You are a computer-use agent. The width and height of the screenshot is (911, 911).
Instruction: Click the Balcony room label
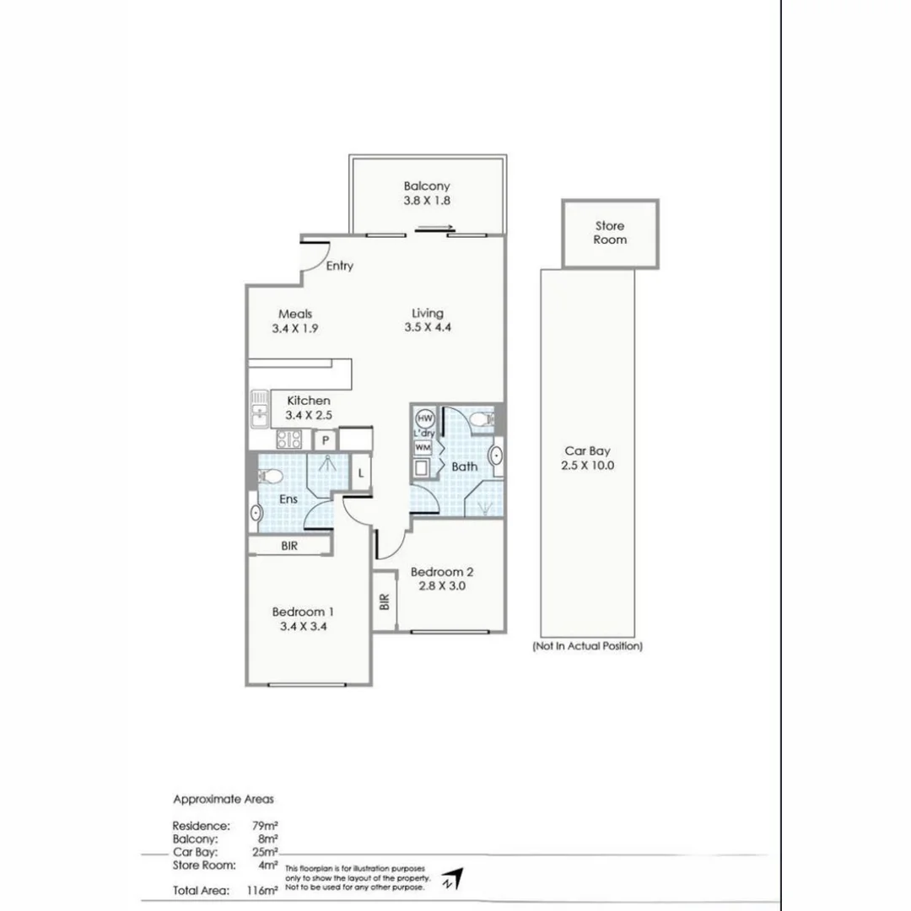coord(426,186)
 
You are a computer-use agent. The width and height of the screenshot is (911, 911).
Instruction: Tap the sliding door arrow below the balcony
coord(436,227)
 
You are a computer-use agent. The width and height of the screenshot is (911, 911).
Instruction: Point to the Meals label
coord(295,314)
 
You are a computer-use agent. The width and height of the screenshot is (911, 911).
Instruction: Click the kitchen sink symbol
coord(259,412)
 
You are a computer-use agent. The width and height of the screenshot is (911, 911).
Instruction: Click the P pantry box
coord(325,440)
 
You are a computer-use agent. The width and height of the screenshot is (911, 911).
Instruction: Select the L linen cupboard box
coord(360,473)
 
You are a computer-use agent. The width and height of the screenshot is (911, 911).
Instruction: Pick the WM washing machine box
coord(422,447)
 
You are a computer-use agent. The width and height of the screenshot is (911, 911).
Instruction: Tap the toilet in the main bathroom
coord(482,418)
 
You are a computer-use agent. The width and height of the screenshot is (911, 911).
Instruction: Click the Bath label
coord(464,466)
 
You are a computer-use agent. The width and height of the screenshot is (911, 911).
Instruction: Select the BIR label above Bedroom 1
coord(289,546)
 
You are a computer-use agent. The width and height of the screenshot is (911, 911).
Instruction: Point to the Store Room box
coord(610,234)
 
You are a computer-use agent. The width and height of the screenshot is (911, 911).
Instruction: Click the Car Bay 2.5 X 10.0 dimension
coord(587,465)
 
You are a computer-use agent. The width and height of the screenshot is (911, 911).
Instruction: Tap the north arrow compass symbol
coord(454,880)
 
